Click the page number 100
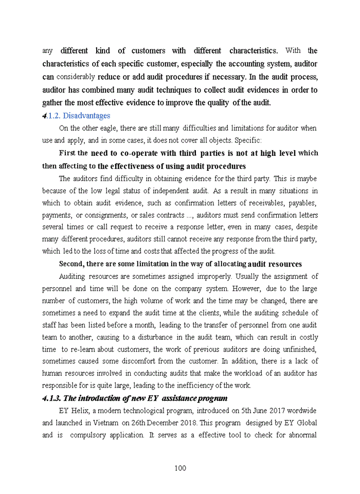coord(180,468)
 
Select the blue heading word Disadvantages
coord(86,116)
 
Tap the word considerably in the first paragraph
coord(75,77)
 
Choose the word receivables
coord(261,203)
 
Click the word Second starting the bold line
coord(71,264)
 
